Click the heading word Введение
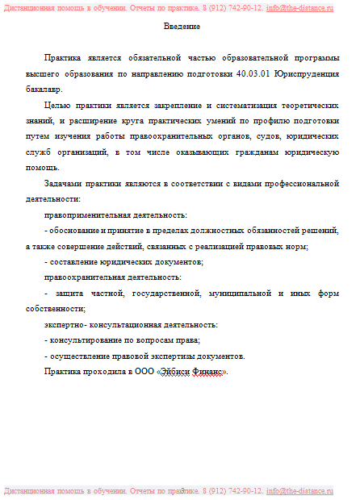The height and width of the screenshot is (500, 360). point(182,27)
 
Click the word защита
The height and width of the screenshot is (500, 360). point(67,293)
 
